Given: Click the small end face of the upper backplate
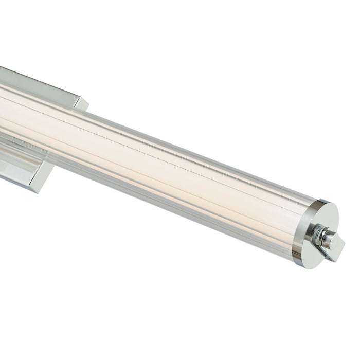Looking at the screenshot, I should coord(81,104).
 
